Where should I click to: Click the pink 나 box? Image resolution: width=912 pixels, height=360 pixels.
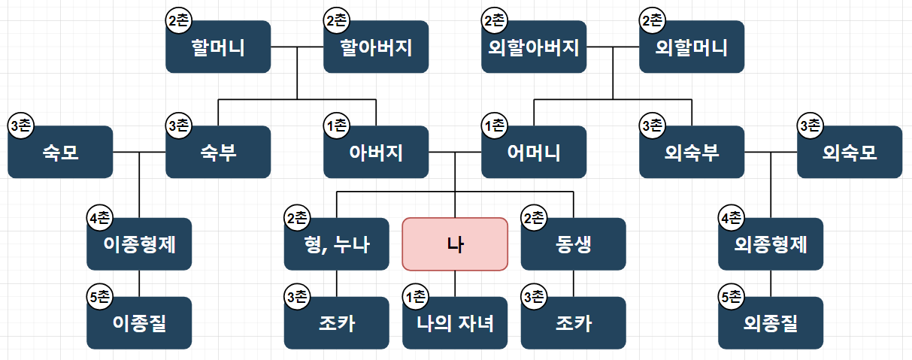point(455,244)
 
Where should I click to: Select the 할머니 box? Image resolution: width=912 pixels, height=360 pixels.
point(218,47)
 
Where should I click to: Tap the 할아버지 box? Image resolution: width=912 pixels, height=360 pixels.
point(376,47)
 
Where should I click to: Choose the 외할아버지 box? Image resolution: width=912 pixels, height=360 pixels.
point(534,47)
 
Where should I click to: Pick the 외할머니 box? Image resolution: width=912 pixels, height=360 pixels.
point(692,47)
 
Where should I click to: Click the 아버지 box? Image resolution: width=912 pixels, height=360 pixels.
point(376,152)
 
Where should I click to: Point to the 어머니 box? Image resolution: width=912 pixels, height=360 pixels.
point(534,152)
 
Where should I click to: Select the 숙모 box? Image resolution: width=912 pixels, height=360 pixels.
point(60,152)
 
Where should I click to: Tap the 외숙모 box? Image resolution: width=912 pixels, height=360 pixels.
point(850,152)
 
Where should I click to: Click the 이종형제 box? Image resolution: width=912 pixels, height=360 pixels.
point(139,244)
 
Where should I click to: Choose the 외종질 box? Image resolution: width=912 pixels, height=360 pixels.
point(771,323)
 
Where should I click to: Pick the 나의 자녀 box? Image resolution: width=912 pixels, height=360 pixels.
point(455,323)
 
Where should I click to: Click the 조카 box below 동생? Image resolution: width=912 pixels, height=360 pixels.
point(573,323)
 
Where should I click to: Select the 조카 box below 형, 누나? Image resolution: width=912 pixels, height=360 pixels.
point(336,323)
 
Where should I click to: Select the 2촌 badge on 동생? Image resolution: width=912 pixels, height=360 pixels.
point(534,219)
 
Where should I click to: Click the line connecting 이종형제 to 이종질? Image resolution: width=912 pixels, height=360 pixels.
point(139,283)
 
